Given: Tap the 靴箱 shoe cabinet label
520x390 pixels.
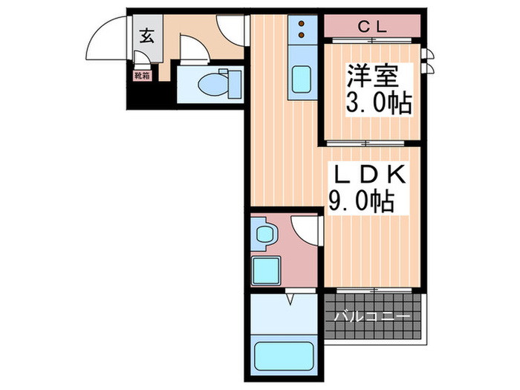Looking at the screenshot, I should pos(141,74).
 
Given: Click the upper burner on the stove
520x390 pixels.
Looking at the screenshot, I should pos(302,22).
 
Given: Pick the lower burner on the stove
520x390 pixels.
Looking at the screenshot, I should pos(302,34).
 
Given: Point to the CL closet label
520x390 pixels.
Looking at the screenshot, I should pos(373,27).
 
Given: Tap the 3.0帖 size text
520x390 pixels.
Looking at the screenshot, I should pos(377,103).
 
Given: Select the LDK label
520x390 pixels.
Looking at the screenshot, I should pos(368,175).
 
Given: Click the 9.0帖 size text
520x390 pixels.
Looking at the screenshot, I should pos(362,200).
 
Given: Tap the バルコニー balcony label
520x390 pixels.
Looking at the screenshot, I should pos(372,316).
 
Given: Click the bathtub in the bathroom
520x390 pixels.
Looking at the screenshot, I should pos(283,356).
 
